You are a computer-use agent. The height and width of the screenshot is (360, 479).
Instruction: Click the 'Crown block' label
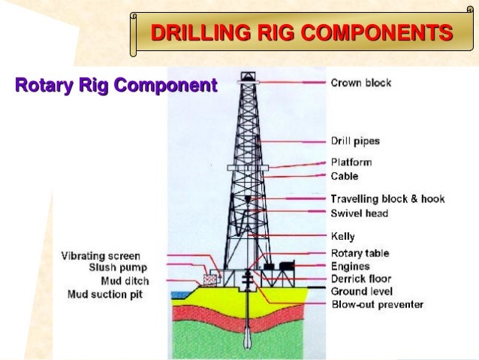[x=360, y=83]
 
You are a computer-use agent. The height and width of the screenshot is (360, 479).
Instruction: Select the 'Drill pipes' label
[x=355, y=141]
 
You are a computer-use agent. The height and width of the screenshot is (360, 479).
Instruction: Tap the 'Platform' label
[x=351, y=162]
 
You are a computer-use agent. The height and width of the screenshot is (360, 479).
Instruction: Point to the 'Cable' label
[x=345, y=176]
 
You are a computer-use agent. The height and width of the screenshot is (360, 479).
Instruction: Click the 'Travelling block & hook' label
[x=387, y=199]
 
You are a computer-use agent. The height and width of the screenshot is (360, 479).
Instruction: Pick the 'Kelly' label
[x=343, y=237]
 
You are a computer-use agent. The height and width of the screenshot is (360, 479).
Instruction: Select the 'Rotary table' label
[x=360, y=253]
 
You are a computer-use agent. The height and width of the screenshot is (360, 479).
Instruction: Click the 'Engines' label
[x=350, y=266]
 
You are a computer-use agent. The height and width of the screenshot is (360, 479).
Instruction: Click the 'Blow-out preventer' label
[x=378, y=304]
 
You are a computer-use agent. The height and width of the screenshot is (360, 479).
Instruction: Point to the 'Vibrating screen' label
[x=101, y=256]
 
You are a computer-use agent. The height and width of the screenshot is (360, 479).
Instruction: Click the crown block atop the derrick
[x=247, y=79]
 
